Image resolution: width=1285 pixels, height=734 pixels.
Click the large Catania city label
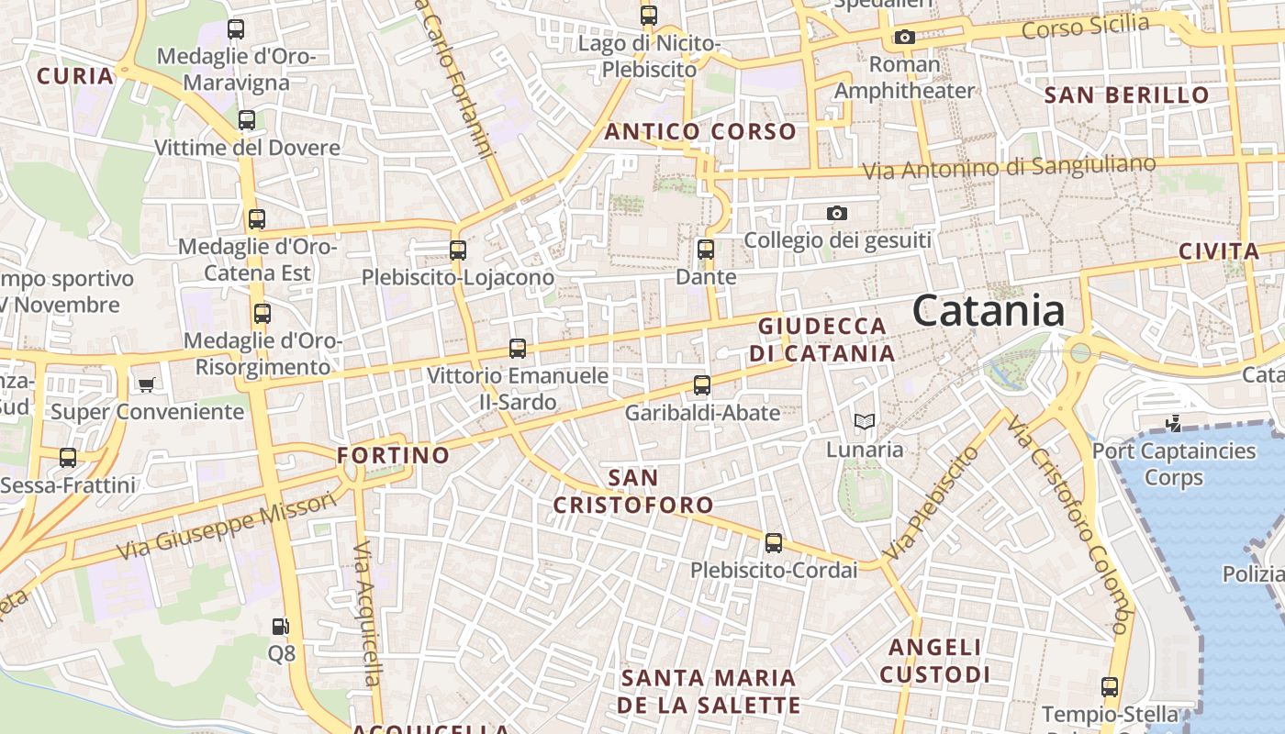(989, 310)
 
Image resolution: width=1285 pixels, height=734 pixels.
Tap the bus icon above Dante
(705, 249)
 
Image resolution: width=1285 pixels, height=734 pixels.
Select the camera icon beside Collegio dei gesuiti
(836, 213)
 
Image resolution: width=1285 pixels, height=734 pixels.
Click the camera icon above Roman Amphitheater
(904, 38)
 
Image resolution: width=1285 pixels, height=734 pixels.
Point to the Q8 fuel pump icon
(281, 627)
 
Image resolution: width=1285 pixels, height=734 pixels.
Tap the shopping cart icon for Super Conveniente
(146, 384)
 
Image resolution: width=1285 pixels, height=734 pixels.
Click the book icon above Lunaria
(864, 421)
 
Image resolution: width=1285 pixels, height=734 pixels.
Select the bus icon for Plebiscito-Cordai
(774, 542)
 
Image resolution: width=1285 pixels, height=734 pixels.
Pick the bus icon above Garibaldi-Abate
(702, 384)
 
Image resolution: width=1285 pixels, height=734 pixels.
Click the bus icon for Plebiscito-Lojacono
(457, 249)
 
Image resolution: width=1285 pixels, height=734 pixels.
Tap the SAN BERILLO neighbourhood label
(1127, 95)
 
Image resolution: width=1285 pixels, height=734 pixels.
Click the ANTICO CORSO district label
(700, 131)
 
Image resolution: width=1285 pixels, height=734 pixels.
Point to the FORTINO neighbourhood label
(393, 455)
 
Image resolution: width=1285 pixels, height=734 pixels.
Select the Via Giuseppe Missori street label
(228, 527)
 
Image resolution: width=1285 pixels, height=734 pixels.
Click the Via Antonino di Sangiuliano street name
(1009, 168)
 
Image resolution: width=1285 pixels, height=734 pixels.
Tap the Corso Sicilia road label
(1085, 27)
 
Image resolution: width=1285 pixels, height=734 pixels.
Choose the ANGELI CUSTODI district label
(935, 661)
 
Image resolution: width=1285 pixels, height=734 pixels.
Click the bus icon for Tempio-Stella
(1109, 686)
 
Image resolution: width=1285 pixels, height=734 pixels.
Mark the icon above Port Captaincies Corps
(1172, 423)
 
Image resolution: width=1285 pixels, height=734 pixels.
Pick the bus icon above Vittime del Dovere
(246, 119)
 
